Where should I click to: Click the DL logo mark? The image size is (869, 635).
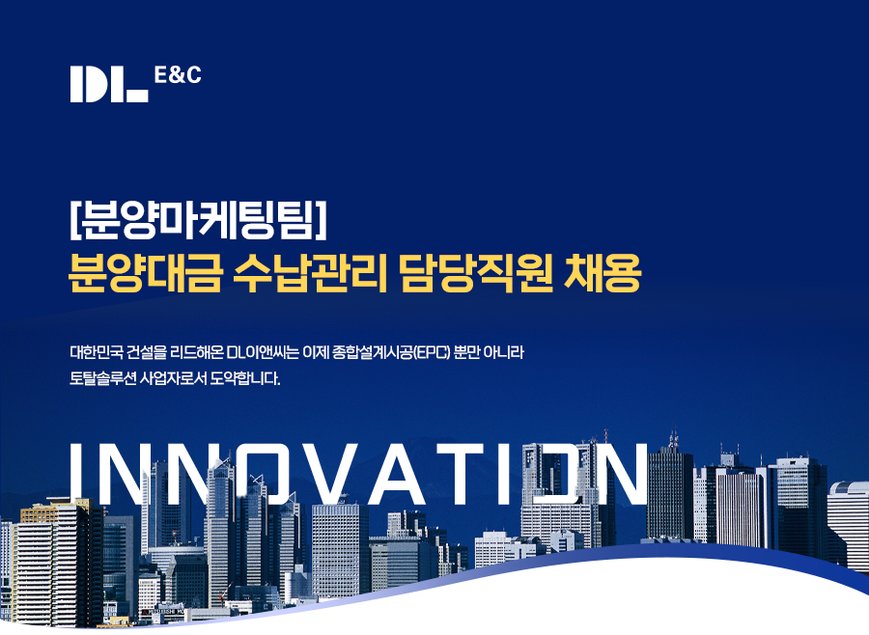coord(109,84)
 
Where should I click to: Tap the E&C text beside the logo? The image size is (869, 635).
coord(178,75)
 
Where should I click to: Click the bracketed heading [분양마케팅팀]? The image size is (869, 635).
coord(198,220)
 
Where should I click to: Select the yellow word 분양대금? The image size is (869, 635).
coord(145,273)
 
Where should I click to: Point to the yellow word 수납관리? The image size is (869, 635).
coord(310,273)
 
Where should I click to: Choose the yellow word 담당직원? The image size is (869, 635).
coord(475,273)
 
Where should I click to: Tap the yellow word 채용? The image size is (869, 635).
coord(603,273)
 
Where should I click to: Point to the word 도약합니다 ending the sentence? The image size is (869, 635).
coord(245,379)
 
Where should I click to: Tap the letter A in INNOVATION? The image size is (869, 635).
coord(398,474)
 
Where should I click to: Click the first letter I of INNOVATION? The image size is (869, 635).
coord(76,474)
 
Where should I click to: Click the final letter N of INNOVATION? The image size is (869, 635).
coord(619,474)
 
